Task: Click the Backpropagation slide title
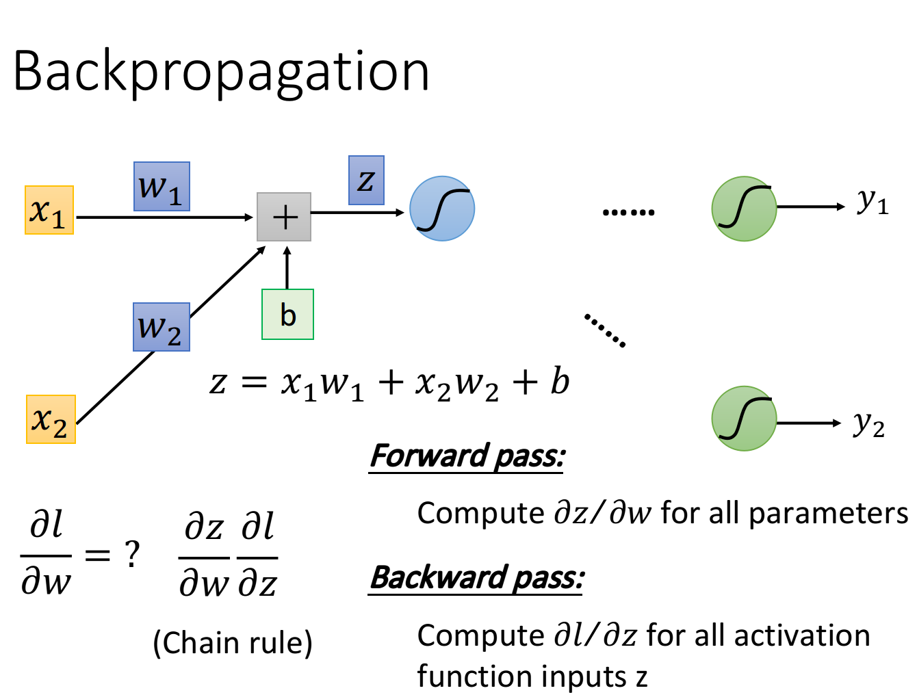pyautogui.click(x=221, y=74)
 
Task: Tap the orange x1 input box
pyautogui.click(x=49, y=210)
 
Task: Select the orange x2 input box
pyautogui.click(x=51, y=419)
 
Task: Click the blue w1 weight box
pyautogui.click(x=162, y=186)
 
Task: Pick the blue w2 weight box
pyautogui.click(x=162, y=327)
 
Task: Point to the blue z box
pyautogui.click(x=366, y=181)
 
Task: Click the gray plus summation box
pyautogui.click(x=284, y=217)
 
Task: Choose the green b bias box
pyautogui.click(x=288, y=314)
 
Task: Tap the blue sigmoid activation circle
pyautogui.click(x=442, y=209)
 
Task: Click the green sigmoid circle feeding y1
pyautogui.click(x=744, y=209)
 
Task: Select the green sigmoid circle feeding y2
pyautogui.click(x=744, y=418)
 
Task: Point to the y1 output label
pyautogui.click(x=873, y=202)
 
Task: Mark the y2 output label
pyautogui.click(x=868, y=424)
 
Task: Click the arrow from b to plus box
pyautogui.click(x=287, y=267)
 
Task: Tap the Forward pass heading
pyautogui.click(x=467, y=457)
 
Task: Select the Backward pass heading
pyautogui.click(x=476, y=579)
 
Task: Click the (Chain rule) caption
pyautogui.click(x=233, y=643)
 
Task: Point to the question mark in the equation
pyautogui.click(x=133, y=554)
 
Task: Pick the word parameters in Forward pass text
pyautogui.click(x=829, y=514)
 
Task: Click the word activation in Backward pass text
pyautogui.click(x=802, y=635)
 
